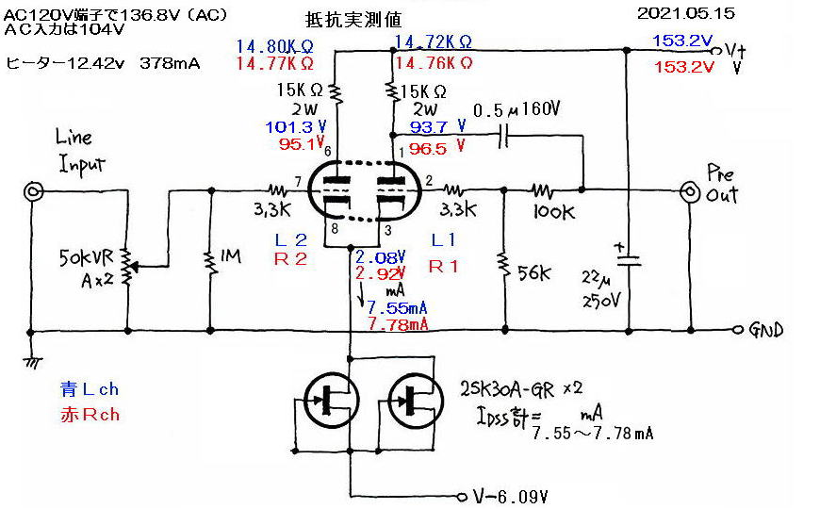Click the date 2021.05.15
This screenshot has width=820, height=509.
685,13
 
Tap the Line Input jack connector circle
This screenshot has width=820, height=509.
34,193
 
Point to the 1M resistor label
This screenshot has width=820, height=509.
229,256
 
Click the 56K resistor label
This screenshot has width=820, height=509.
534,273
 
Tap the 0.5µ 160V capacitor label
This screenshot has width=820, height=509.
517,109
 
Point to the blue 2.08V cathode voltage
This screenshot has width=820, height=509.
381,256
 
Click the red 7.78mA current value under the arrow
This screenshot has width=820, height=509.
396,324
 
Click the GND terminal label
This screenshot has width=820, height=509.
765,331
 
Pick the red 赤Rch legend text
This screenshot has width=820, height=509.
89,414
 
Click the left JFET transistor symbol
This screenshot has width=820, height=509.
324,399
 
